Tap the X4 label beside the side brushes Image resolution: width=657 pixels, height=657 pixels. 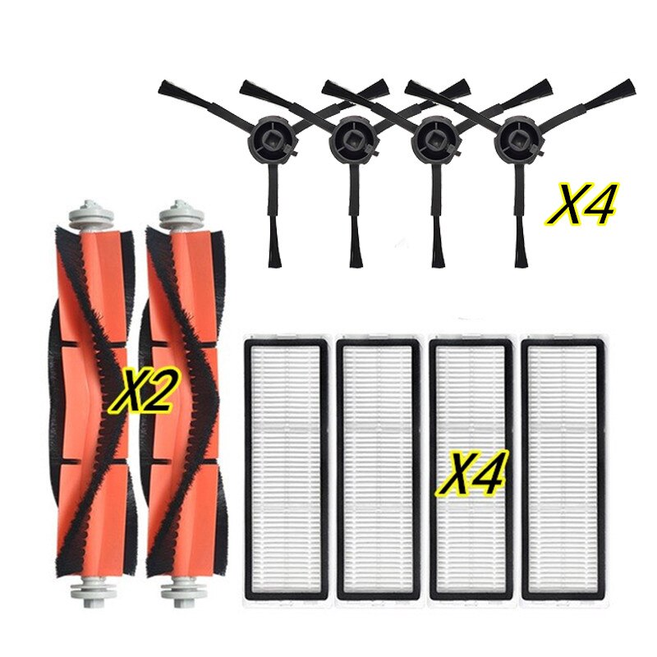[581, 204]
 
